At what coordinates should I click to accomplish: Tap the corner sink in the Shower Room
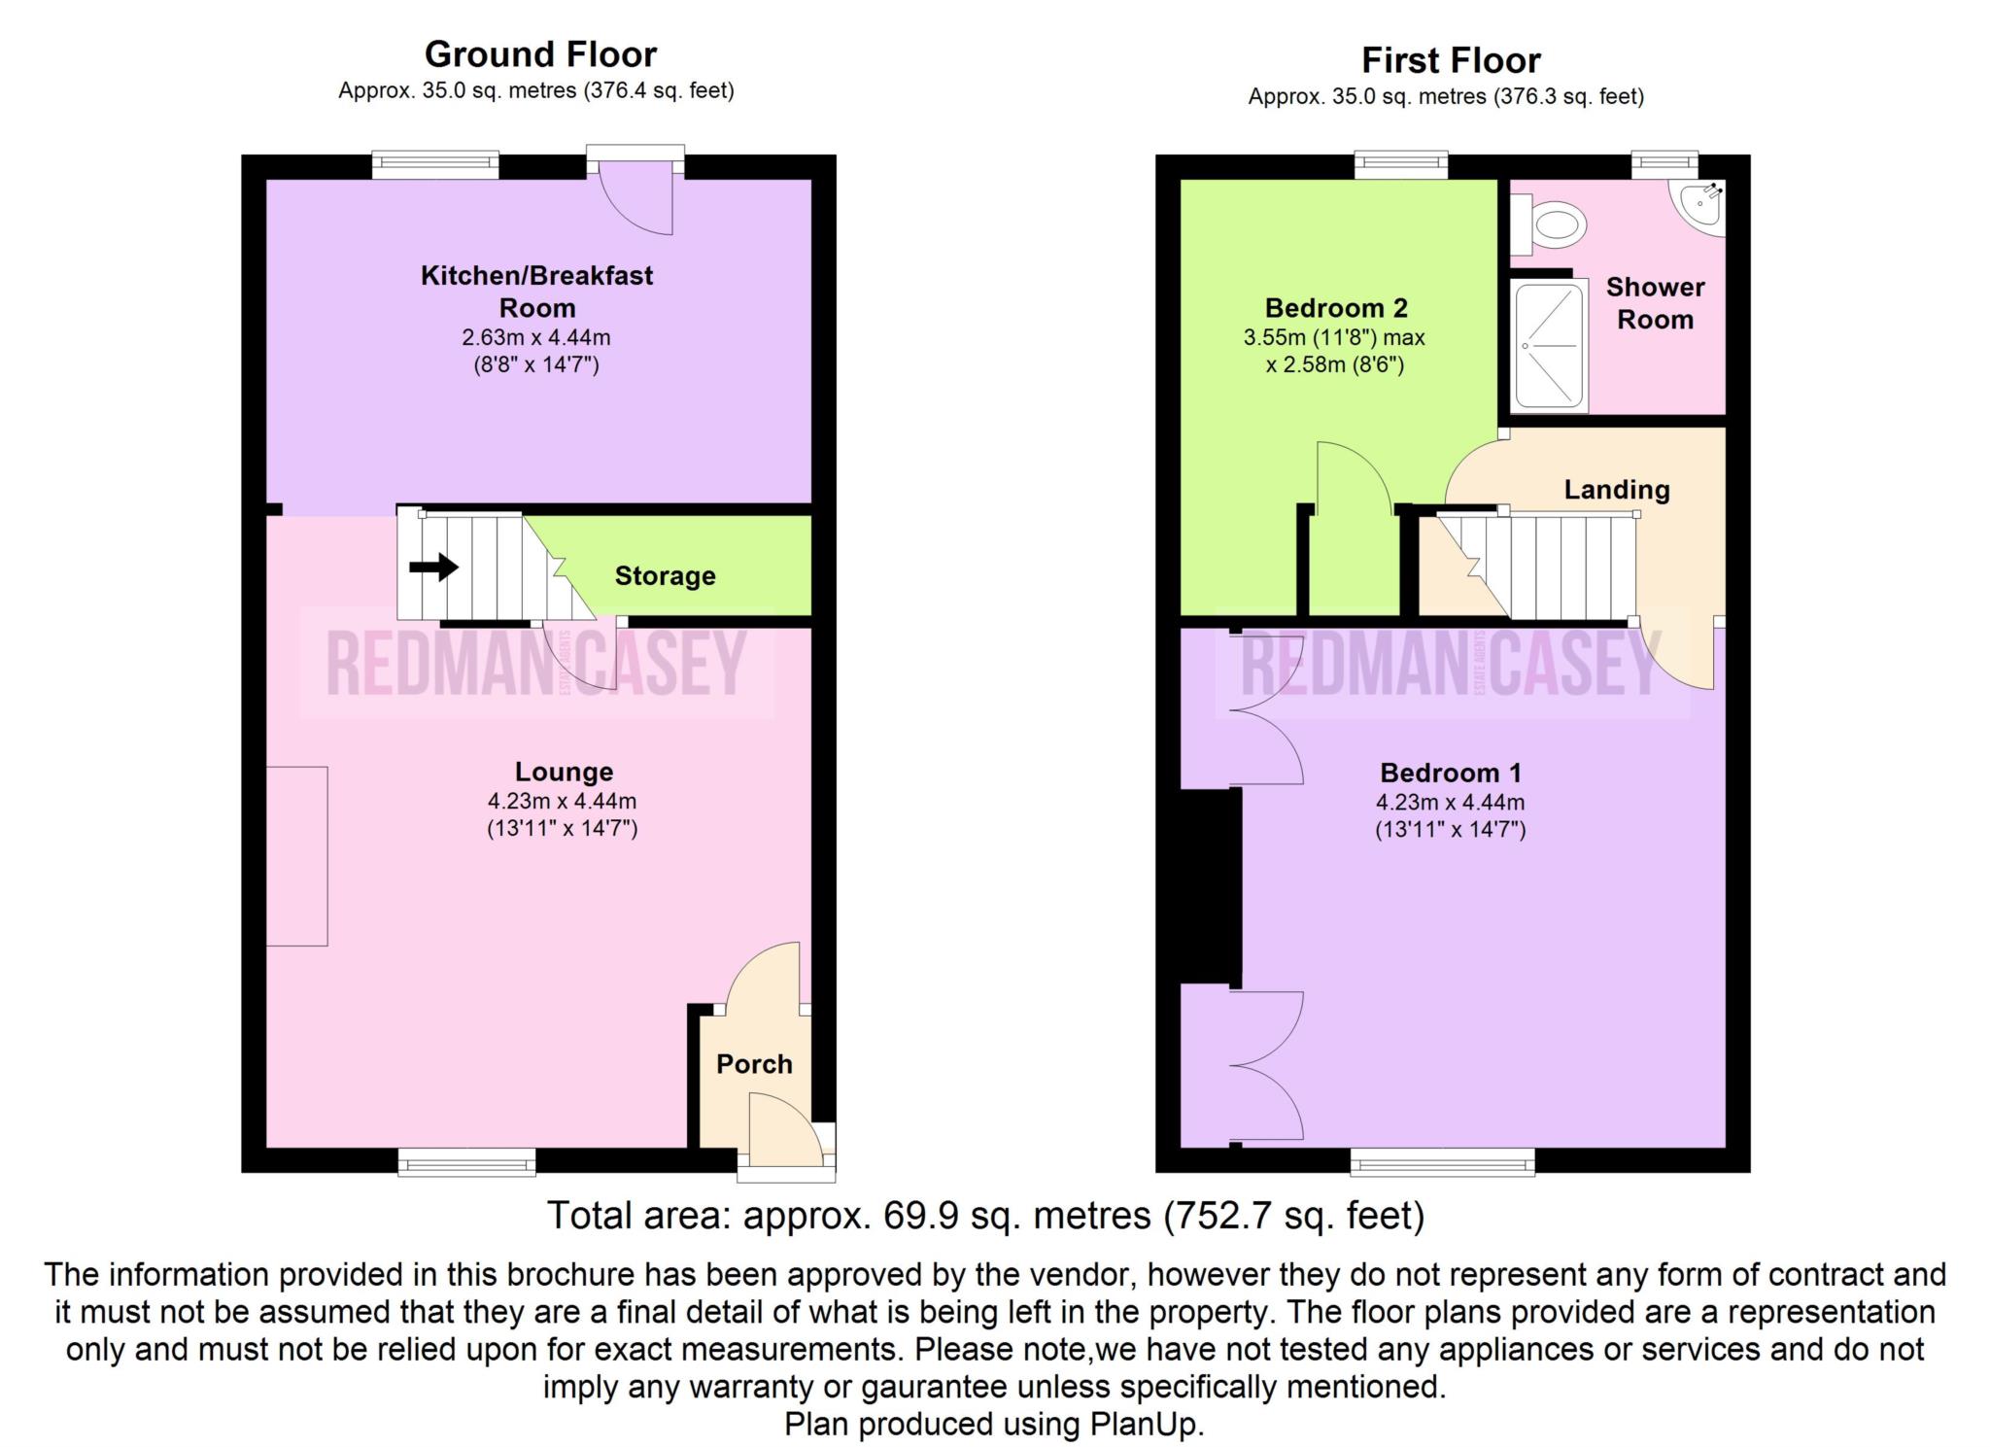tap(1701, 206)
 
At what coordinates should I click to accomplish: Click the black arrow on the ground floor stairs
tap(433, 567)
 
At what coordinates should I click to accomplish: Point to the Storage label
tap(665, 575)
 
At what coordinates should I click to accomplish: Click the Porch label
tap(754, 1064)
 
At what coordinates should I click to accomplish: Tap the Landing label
tap(1617, 490)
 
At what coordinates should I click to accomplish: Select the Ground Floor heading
tap(540, 53)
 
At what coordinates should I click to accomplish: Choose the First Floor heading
tap(1451, 60)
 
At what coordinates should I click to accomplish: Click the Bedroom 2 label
tap(1336, 308)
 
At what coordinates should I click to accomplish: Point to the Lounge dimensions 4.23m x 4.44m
tap(563, 802)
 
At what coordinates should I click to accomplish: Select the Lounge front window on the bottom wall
tap(466, 1161)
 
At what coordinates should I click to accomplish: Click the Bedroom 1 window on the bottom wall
tap(1442, 1161)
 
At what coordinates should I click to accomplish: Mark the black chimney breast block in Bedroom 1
tap(1211, 885)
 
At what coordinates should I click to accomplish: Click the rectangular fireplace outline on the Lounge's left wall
tap(297, 856)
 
